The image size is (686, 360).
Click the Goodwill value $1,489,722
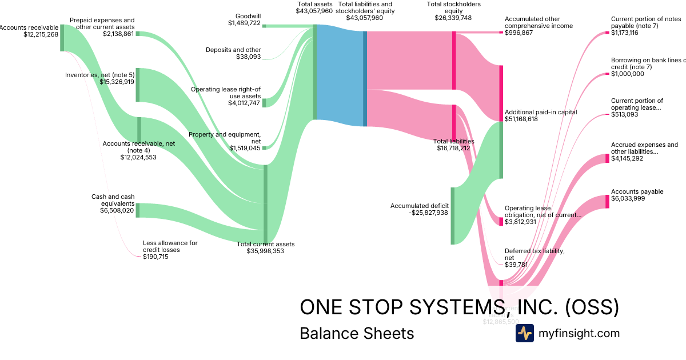(x=244, y=23)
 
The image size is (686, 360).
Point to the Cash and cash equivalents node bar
(x=137, y=210)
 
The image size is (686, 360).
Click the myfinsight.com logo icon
(x=524, y=333)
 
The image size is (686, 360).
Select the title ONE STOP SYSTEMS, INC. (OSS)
(x=459, y=307)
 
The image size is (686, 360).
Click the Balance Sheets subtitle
(x=357, y=333)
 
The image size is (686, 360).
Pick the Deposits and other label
(x=233, y=50)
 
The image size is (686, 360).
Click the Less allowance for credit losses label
(x=170, y=246)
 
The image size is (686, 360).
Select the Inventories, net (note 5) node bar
(x=137, y=85)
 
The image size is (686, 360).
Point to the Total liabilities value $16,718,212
(x=453, y=147)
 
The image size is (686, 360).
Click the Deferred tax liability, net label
(x=535, y=254)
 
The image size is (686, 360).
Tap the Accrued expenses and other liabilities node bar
(x=607, y=158)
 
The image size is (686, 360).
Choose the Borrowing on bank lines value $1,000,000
(x=627, y=74)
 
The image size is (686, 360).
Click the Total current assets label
(x=266, y=244)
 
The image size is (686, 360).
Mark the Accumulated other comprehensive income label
(x=538, y=22)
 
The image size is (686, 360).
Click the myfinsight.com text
(x=579, y=333)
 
